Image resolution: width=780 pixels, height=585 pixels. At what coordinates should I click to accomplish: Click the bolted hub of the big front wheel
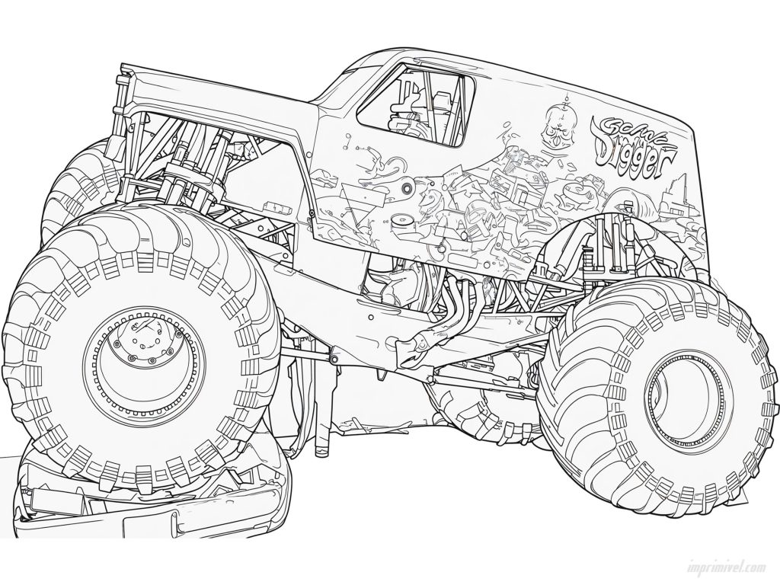142,343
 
